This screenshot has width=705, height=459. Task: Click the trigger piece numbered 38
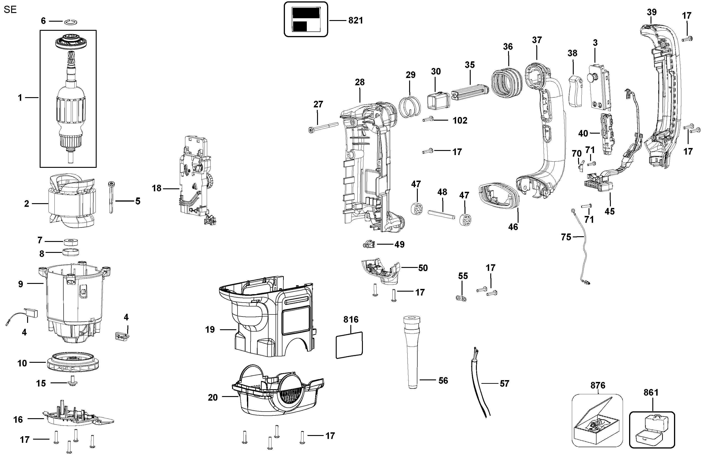click(575, 91)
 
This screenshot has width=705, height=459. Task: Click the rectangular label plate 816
click(349, 345)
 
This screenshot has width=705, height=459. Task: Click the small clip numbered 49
click(369, 244)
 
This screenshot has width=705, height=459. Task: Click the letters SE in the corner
click(10, 10)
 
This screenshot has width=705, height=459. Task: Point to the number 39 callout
click(651, 13)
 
